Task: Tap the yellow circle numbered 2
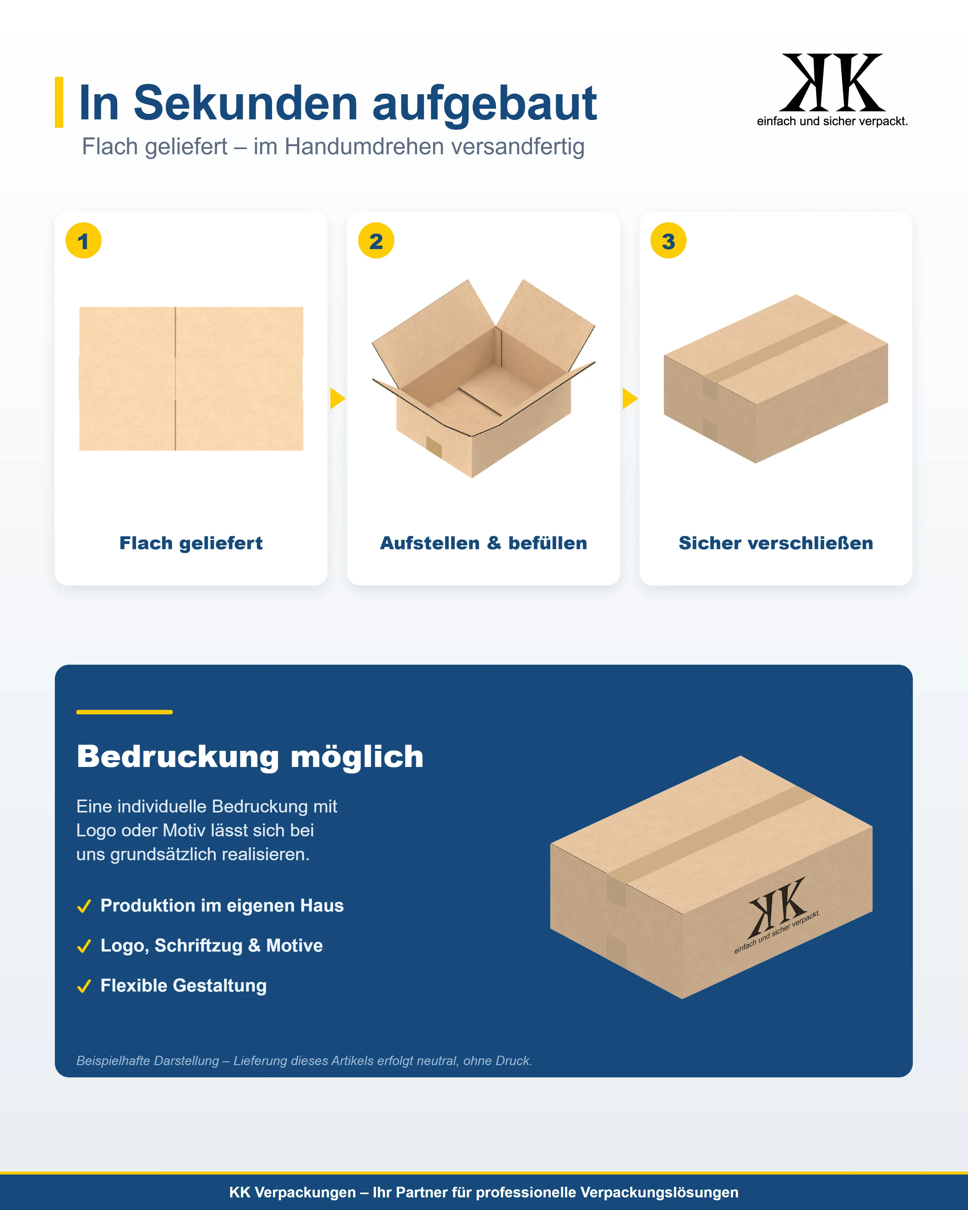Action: coord(376,241)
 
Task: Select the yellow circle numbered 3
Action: coord(668,241)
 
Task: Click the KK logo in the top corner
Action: coord(832,90)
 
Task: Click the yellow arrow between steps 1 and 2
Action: coord(337,398)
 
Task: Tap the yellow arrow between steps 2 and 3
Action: coord(630,398)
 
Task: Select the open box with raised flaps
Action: coord(483,379)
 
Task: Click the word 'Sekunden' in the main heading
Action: coord(246,103)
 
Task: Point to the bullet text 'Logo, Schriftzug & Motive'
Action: coord(212,946)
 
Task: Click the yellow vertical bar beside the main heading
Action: coord(59,102)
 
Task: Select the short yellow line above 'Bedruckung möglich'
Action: coord(125,711)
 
